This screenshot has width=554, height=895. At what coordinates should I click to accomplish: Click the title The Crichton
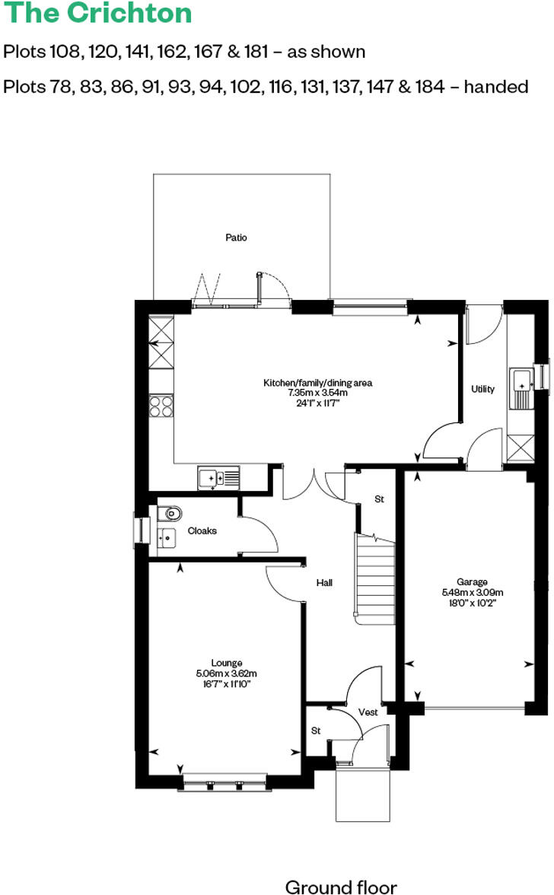tap(98, 14)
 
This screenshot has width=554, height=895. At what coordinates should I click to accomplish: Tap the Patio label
tap(236, 237)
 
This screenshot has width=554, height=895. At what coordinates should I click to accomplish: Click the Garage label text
tap(473, 581)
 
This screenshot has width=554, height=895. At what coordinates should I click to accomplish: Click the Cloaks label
tap(202, 530)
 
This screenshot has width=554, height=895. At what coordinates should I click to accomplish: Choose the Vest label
tap(368, 712)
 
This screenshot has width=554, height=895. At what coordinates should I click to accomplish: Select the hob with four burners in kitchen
tap(161, 406)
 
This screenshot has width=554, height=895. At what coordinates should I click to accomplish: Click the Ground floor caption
tap(340, 887)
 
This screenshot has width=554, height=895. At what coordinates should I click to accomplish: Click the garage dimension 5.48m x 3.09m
tap(473, 591)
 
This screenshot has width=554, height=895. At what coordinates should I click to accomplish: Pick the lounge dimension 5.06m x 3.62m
tap(227, 673)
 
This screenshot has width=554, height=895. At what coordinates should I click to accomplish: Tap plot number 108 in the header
tap(65, 52)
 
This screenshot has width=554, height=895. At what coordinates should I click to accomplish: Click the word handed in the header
tap(496, 87)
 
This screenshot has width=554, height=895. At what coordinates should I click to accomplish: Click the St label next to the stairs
tap(379, 499)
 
